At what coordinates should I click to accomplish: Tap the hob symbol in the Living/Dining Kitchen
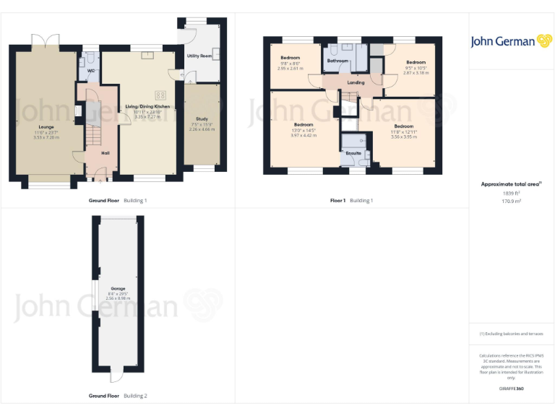(160, 94)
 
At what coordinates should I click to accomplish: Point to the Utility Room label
(199, 56)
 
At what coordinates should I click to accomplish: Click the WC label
(91, 71)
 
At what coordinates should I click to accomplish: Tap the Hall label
(105, 153)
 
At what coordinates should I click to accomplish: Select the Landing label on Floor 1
(356, 82)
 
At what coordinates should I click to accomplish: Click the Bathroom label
(337, 61)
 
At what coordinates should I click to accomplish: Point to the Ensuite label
(353, 153)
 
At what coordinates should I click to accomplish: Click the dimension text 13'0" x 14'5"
(303, 130)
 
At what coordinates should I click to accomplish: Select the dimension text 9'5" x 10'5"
(416, 68)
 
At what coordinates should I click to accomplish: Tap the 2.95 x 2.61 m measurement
(290, 69)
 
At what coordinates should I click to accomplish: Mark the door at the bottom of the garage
(116, 376)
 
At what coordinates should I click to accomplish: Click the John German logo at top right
(512, 41)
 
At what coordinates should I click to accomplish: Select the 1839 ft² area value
(511, 193)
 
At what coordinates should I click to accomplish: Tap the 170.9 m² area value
(511, 201)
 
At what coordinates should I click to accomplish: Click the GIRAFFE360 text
(511, 389)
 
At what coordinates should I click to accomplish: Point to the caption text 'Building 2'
(135, 396)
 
